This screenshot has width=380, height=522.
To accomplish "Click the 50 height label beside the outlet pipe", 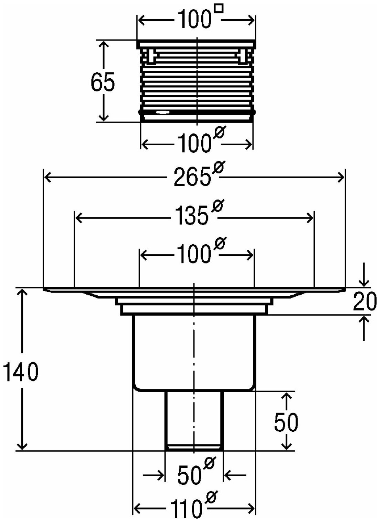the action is pos(286,422).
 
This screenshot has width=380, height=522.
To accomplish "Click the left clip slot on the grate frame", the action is pos(151,56).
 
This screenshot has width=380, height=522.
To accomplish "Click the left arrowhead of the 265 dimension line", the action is pos(47,177).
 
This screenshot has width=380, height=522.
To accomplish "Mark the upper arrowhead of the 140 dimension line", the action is pos(22,292).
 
